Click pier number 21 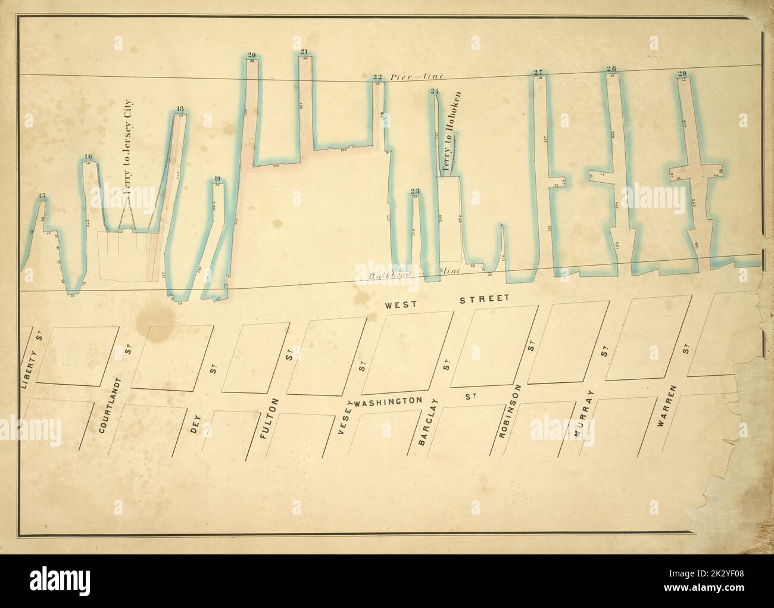coord(304,52)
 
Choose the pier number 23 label coord(415,191)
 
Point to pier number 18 coord(180,108)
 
